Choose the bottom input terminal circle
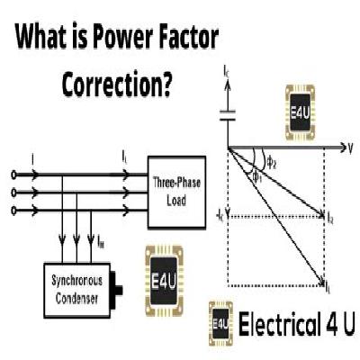(x=12, y=211)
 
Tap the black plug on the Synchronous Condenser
(x=121, y=289)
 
